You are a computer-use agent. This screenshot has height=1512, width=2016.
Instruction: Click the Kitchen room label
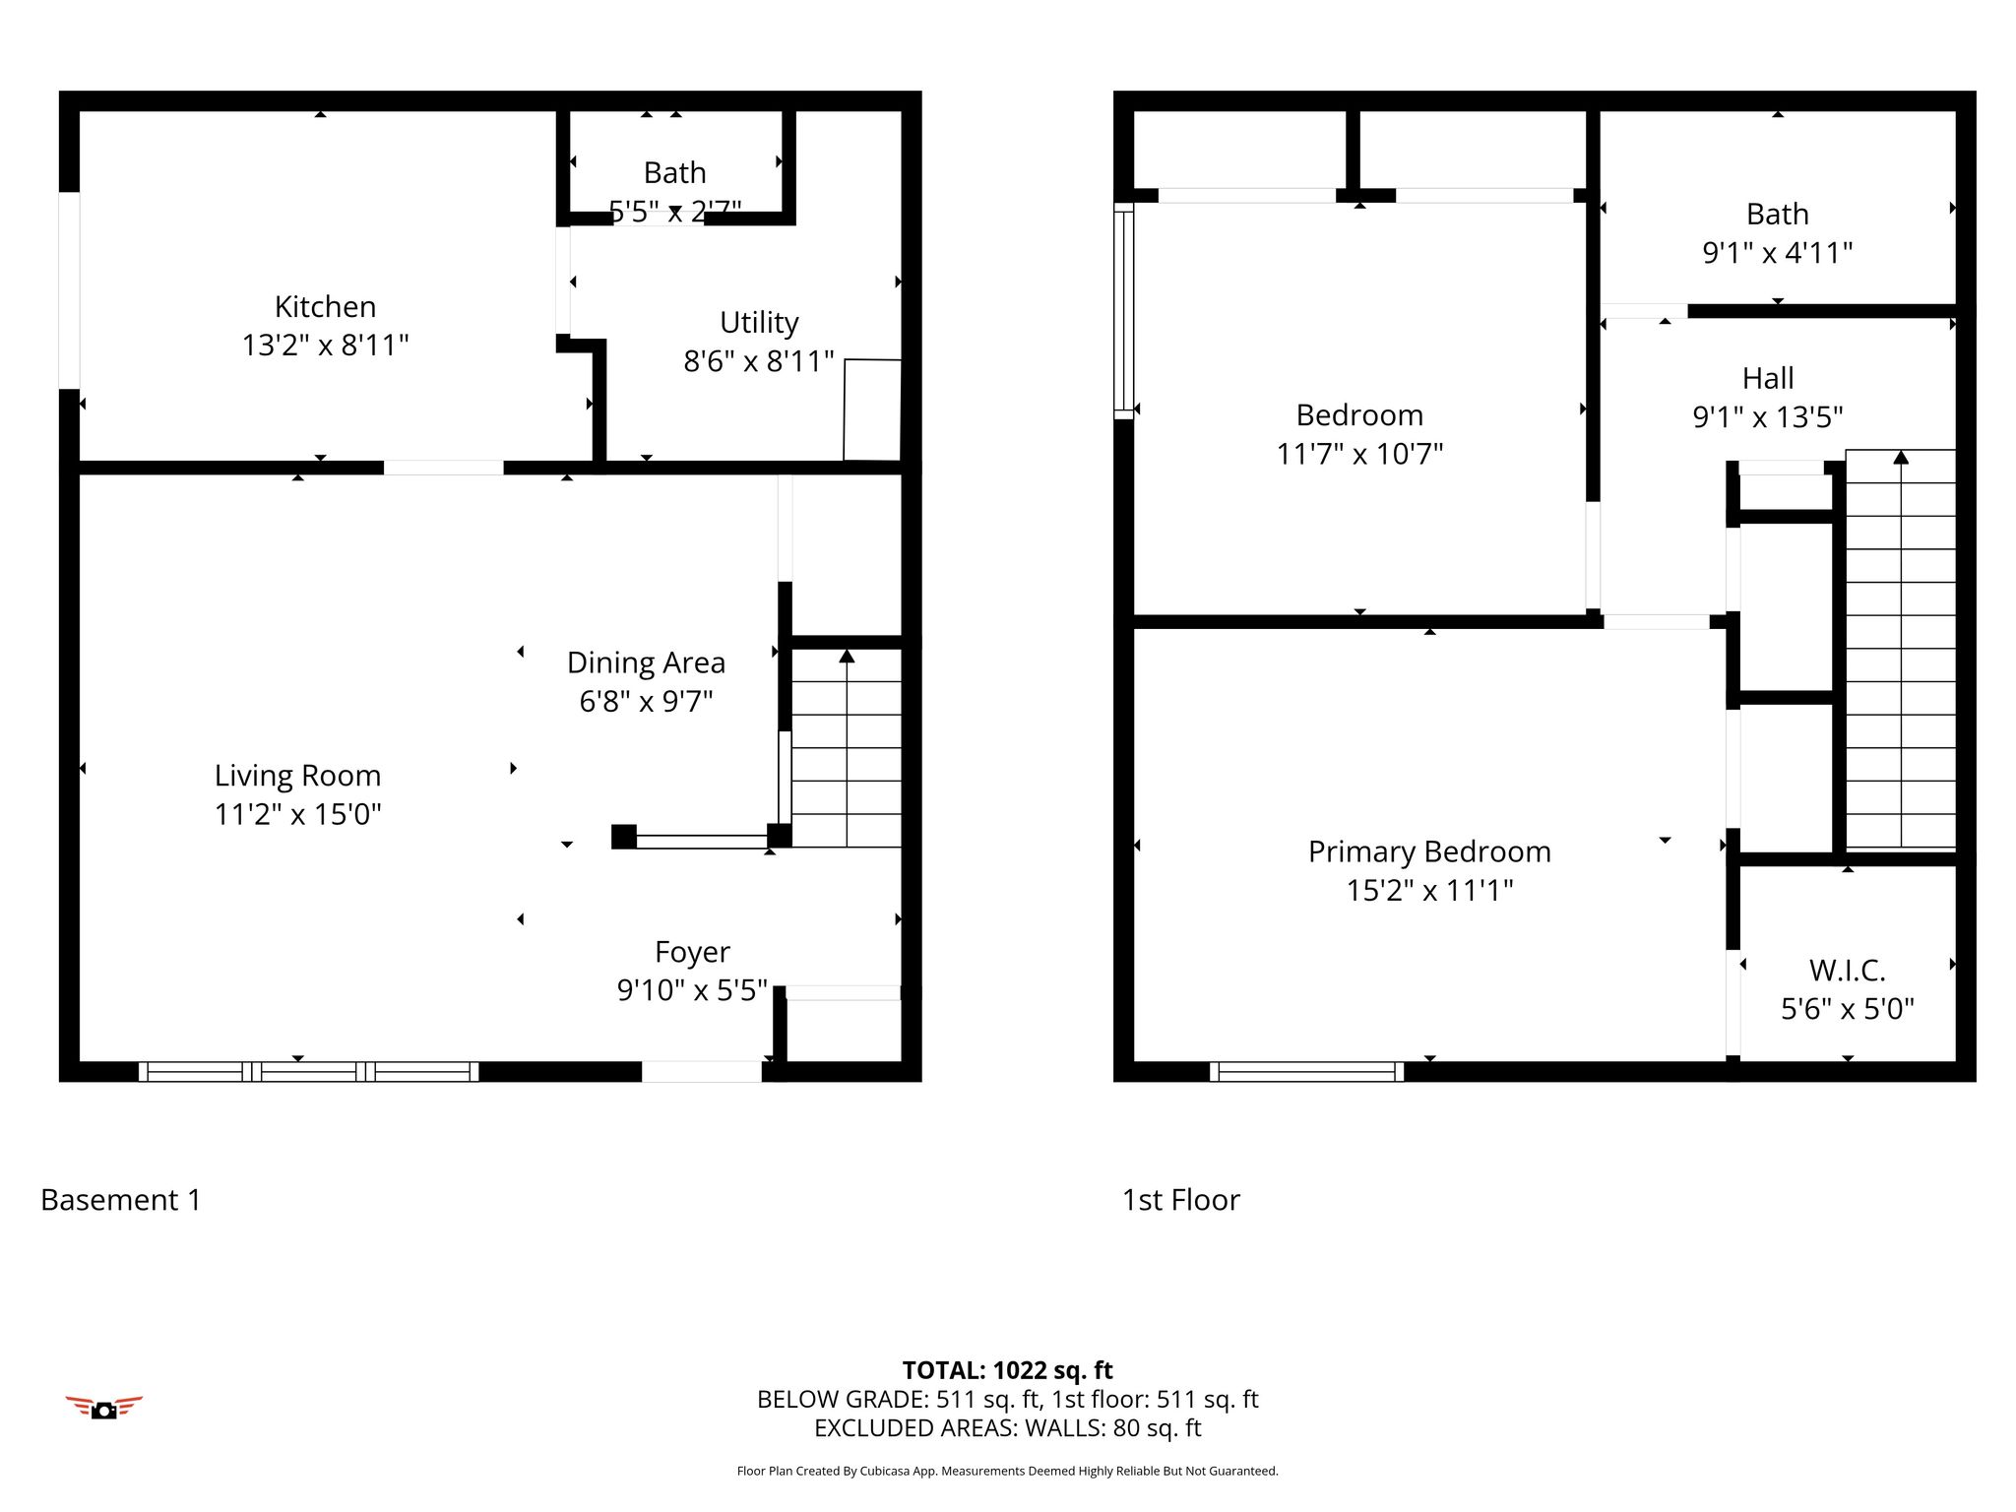coord(325,307)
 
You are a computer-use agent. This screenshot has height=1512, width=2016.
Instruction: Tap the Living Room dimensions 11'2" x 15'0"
coord(297,814)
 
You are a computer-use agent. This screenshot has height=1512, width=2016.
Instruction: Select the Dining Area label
coord(646,662)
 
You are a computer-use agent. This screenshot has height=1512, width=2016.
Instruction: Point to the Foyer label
coord(692,952)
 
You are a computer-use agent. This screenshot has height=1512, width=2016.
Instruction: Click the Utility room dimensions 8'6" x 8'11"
coord(759,361)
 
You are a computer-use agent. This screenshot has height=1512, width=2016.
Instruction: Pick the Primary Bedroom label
coord(1429,851)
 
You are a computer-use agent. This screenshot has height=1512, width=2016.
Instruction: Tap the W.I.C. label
coord(1847,971)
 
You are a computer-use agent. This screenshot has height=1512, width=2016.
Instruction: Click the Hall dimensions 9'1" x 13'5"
coord(1768,416)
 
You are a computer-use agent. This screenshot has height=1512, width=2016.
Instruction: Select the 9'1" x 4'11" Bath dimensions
coord(1777,253)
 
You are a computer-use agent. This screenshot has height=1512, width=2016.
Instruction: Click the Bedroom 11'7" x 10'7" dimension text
coord(1359,454)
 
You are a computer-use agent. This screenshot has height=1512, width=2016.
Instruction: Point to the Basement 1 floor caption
coord(120,1200)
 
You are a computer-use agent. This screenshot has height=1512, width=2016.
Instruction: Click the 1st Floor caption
coord(1180,1200)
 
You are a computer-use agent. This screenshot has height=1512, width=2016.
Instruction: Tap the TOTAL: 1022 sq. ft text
coord(1007,1370)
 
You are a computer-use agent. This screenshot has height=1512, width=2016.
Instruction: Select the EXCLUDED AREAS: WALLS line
coord(1007,1428)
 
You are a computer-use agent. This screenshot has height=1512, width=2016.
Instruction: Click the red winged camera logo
coord(103,1408)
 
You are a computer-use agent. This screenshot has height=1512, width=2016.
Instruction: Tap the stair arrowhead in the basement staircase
coord(847,656)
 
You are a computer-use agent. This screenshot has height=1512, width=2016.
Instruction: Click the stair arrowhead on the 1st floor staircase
coord(1901,457)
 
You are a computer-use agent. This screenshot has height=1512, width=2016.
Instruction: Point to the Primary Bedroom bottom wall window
coord(1306,1072)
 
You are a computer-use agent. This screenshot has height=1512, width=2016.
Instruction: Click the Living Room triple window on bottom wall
coord(308,1072)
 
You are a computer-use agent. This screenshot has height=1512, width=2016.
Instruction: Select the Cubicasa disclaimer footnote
coord(1007,1472)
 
